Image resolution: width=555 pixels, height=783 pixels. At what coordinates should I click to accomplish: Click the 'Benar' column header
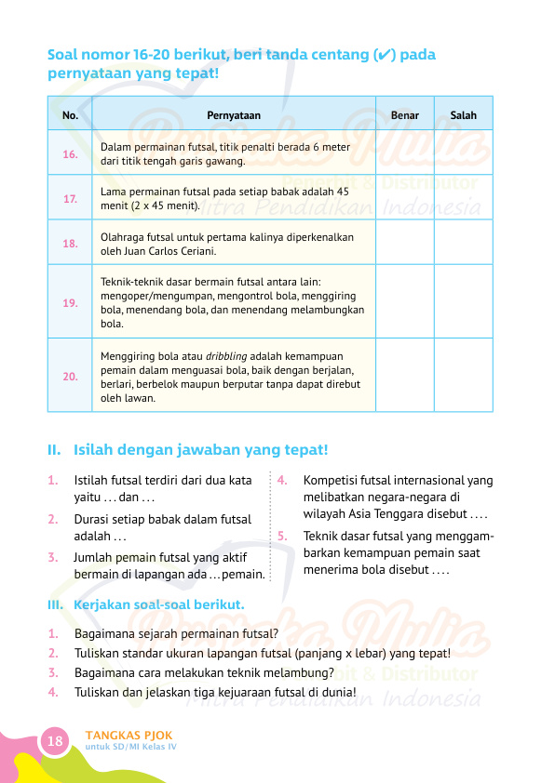point(405,115)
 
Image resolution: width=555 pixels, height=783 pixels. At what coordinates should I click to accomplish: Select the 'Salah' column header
point(463,115)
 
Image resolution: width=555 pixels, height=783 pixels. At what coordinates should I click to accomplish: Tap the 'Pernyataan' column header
point(234,115)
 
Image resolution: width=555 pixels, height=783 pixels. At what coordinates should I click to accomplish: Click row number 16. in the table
point(70,154)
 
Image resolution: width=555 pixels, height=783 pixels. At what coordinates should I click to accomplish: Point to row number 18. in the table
point(70,244)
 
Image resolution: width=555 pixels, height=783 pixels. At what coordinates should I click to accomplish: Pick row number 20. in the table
point(70,377)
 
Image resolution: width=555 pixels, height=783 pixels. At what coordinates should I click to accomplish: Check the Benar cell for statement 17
point(405,199)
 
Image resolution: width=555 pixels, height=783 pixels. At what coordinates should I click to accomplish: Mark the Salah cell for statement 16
point(463,154)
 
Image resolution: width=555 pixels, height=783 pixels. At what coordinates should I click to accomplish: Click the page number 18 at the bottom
point(55,741)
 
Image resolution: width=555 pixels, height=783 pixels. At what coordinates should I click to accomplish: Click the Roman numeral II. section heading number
point(55,450)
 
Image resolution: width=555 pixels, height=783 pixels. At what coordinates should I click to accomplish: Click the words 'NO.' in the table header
point(70,115)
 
